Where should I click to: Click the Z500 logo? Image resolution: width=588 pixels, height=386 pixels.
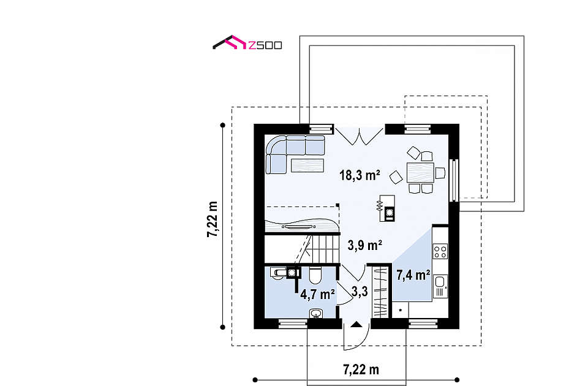coord(247,43)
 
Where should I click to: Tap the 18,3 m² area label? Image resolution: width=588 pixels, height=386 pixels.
coord(360,175)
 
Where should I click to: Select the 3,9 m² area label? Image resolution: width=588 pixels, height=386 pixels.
coord(364,245)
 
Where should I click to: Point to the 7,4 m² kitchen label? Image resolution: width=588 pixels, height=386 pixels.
coord(413,275)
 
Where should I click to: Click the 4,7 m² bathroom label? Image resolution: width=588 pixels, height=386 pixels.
coord(317,294)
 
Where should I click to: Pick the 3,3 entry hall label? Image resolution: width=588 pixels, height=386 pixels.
coord(360,291)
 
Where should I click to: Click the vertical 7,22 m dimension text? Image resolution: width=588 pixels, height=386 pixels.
coord(213,219)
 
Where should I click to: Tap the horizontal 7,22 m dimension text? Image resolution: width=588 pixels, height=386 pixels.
coord(361,369)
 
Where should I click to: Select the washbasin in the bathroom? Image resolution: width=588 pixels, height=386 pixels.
coord(317,313)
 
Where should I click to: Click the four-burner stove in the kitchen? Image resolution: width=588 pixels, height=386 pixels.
coord(440,251)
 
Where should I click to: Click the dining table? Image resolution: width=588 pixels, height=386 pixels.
coord(420,173)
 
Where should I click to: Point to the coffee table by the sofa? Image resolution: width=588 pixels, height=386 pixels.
coord(307,165)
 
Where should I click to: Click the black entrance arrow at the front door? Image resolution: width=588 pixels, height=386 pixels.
coord(356,324)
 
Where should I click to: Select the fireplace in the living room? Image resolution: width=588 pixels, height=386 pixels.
coord(387,208)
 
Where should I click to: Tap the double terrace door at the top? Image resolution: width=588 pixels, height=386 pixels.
coord(360,135)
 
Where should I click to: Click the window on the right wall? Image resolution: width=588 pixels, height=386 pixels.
coord(454,180)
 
